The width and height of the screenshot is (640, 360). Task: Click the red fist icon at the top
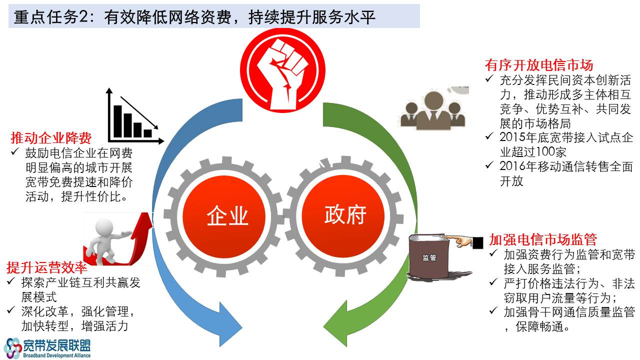coord(282,70)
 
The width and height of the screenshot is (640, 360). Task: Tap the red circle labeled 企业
coord(223,216)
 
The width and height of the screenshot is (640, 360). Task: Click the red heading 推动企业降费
coord(51,138)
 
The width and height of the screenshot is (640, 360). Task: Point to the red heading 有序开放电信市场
coord(539,65)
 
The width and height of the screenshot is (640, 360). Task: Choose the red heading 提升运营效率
coord(47,267)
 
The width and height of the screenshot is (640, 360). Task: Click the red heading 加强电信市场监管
coord(543,239)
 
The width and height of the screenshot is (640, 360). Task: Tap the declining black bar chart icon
coord(135,115)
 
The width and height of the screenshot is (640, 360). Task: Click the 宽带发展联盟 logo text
coord(56,345)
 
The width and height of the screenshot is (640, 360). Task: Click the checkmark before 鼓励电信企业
coord(15,151)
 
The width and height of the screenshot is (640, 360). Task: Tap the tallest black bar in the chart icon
coord(117,121)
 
